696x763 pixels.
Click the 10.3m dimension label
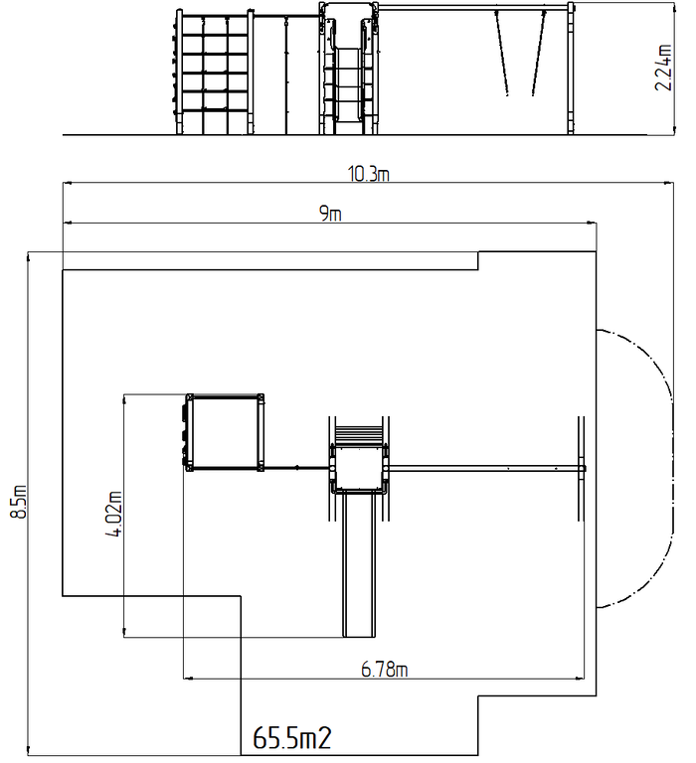pyautogui.click(x=368, y=174)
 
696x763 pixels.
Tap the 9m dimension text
pyautogui.click(x=330, y=214)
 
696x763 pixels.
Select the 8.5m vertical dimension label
pyautogui.click(x=19, y=502)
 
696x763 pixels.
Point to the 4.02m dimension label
pyautogui.click(x=114, y=514)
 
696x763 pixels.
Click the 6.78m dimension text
pyautogui.click(x=384, y=670)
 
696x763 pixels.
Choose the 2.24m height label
pyautogui.click(x=663, y=68)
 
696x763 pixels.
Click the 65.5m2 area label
pyautogui.click(x=292, y=738)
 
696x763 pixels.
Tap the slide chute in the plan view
pyautogui.click(x=359, y=564)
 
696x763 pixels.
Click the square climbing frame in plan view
pyautogui.click(x=224, y=432)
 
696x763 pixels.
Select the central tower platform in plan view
pyautogui.click(x=359, y=469)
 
